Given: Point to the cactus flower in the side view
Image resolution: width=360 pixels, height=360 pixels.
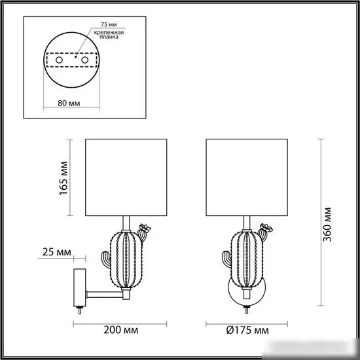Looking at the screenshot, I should click(x=145, y=230).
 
